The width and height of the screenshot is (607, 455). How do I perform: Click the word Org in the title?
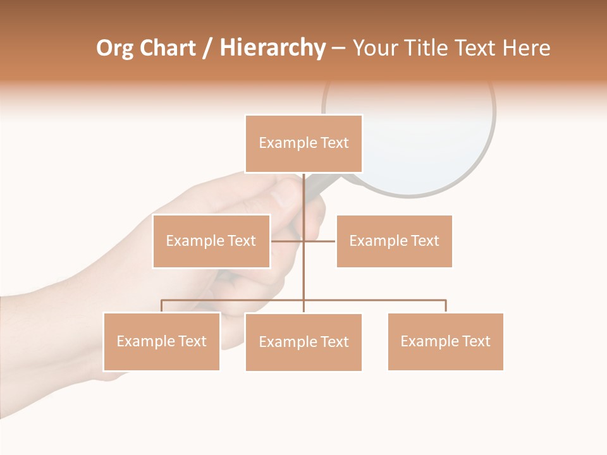point(115,48)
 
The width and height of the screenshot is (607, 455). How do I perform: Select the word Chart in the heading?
point(165,48)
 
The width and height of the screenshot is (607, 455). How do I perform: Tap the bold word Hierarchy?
point(273,48)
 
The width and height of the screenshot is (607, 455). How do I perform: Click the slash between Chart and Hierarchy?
point(207,49)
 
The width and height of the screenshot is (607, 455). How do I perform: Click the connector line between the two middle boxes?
point(319,241)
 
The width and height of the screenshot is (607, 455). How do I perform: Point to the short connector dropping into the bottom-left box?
point(161,306)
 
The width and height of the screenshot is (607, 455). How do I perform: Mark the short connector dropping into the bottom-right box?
point(446,306)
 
